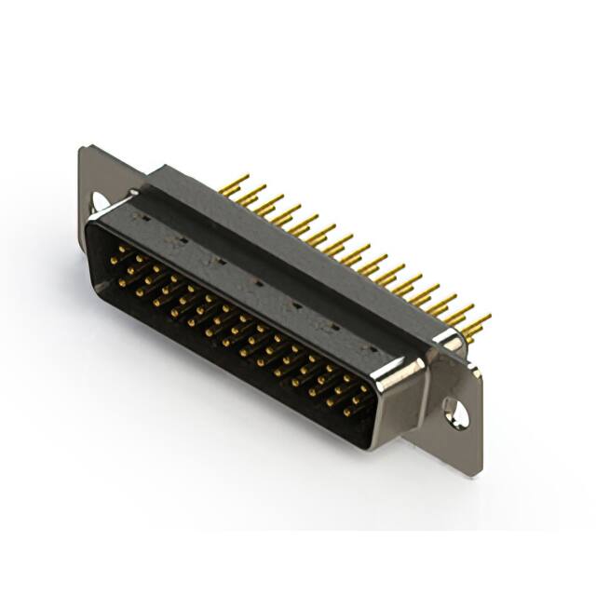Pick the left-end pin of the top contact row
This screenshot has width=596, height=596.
116,250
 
